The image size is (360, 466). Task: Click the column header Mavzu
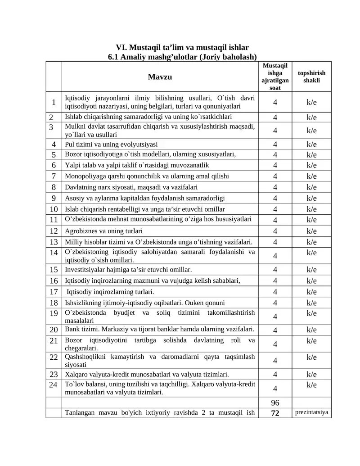point(160,77)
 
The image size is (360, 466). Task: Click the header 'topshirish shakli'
point(311,77)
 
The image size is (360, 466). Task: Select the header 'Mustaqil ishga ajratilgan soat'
point(275,77)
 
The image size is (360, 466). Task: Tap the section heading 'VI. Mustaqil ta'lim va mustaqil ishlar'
point(182,47)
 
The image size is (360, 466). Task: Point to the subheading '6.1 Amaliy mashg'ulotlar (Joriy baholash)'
point(182,57)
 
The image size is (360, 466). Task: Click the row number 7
point(54,176)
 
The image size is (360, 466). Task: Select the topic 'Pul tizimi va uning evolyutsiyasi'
point(111,145)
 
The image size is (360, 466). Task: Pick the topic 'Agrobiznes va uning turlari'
point(104,231)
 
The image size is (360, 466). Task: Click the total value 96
point(275,403)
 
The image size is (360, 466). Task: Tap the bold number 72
point(275,413)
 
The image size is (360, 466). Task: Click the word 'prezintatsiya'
point(311,412)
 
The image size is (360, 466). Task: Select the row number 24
point(54,385)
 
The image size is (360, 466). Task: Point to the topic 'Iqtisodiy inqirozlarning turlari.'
point(110,291)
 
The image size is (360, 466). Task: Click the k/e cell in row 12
point(311,231)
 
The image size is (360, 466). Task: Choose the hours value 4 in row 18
point(275,303)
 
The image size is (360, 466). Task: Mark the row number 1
point(54,102)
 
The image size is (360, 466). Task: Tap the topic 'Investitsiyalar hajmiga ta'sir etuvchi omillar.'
point(128,270)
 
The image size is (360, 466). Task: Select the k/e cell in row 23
point(311,374)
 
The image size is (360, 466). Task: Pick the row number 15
point(54,270)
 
